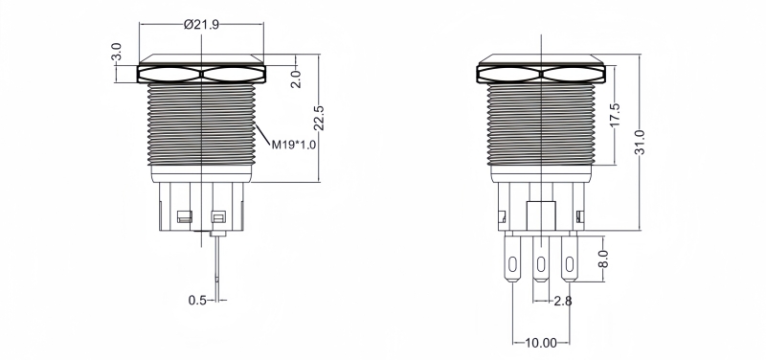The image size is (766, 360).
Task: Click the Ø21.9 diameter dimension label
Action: pyautogui.click(x=201, y=25)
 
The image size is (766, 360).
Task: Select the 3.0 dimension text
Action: pyautogui.click(x=116, y=52)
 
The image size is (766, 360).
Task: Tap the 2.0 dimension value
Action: pyautogui.click(x=296, y=79)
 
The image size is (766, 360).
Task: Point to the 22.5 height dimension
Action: pyautogui.click(x=319, y=118)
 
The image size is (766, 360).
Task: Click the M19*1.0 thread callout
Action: pyautogui.click(x=294, y=145)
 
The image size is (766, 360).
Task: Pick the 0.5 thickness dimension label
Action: pyautogui.click(x=197, y=300)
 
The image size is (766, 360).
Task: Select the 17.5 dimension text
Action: pyautogui.click(x=615, y=115)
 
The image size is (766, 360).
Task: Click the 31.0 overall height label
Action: pyautogui.click(x=640, y=142)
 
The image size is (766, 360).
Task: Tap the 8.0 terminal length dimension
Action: pyautogui.click(x=603, y=259)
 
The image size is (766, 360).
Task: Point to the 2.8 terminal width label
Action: pyautogui.click(x=563, y=301)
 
